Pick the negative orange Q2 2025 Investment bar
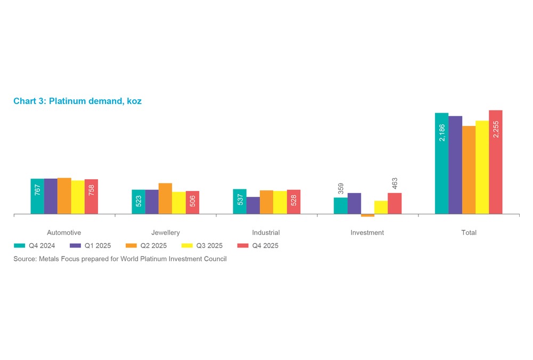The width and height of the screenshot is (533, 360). (368, 215)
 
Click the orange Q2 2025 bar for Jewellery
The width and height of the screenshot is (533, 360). (165, 198)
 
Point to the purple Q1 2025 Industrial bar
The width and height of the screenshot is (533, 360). (253, 205)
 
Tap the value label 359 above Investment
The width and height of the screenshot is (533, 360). (341, 189)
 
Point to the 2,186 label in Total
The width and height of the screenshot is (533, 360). (442, 132)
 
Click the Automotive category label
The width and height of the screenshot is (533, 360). (64, 233)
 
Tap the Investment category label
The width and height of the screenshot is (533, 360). (367, 233)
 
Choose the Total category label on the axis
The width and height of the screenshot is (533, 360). (469, 233)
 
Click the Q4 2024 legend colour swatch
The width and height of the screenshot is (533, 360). (20, 246)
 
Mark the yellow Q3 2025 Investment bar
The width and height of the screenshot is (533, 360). (381, 207)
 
